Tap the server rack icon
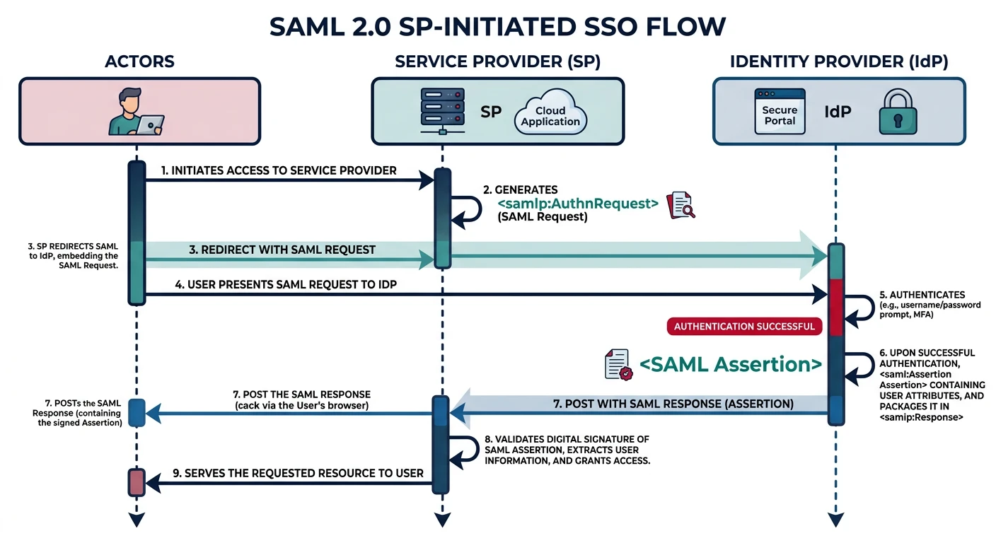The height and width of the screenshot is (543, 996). coord(442,112)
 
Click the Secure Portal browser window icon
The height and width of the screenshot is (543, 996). coord(780,112)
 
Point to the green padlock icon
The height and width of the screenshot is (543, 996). coord(897,112)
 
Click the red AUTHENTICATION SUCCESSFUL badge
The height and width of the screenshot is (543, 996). coord(745,326)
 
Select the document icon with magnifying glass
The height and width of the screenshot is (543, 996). coord(681,204)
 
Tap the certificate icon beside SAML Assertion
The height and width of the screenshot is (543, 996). coord(618,364)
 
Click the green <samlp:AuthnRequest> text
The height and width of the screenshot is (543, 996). coord(578,204)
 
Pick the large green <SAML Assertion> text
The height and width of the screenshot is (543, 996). coord(731,364)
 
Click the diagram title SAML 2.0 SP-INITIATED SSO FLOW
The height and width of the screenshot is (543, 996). coord(498,27)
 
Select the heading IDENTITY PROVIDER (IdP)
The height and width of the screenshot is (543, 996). coord(839,62)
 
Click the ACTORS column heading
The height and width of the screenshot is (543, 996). coord(139,62)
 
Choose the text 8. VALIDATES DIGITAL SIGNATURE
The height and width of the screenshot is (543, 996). coord(566,439)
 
